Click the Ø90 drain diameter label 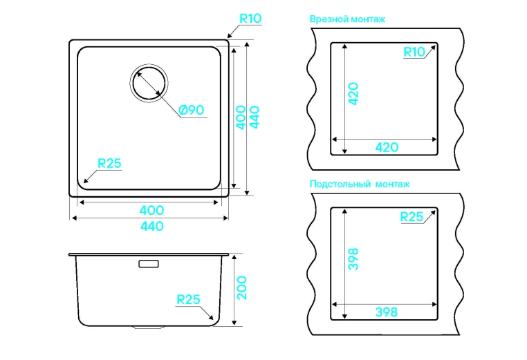190,110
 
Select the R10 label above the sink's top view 250,19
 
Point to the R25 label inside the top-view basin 109,164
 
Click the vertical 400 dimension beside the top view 240,117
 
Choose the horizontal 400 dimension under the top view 151,211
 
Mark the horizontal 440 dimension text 151,226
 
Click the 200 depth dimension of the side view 242,287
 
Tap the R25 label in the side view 188,299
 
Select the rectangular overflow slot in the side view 149,263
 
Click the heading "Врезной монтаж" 348,19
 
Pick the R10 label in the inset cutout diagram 414,52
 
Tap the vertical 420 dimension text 353,93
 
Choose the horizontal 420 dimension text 385,147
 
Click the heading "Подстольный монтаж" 360,184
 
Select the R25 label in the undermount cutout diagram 412,217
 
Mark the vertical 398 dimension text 353,258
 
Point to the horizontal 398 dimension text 385,312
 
